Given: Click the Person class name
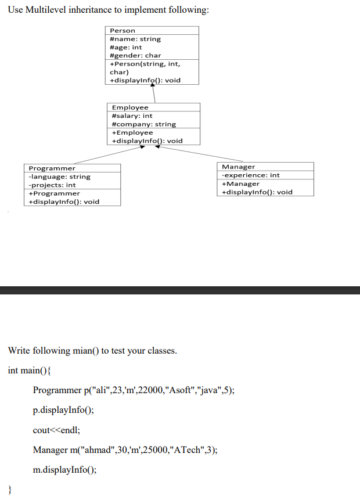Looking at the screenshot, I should coord(123,30).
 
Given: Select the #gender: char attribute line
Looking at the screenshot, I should coord(135,55).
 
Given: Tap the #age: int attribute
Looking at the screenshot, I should coord(126,47).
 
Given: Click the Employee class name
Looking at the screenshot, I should coord(130,107).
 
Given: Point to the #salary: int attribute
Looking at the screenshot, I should coord(132,116).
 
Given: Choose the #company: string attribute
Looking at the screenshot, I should coord(143,124).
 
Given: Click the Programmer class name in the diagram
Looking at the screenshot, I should coord(52,168).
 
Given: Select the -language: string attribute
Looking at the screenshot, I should coord(60,177).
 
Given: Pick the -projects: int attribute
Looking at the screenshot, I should coord(52,185).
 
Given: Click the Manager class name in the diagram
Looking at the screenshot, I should coord(239,167).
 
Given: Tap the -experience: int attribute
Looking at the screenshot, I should coord(251,175).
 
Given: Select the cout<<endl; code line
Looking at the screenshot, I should coord(56,430).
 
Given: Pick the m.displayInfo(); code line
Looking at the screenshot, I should coord(64,470).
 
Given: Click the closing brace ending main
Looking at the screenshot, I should coord(10,490).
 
